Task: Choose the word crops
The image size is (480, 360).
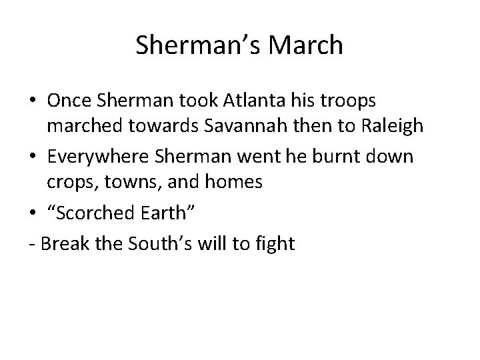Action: tap(65, 181)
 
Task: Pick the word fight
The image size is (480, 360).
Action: tap(275, 244)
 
